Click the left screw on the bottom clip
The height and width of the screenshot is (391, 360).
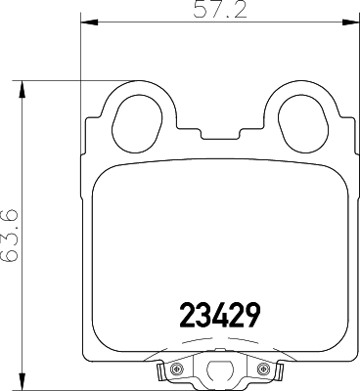(178, 369)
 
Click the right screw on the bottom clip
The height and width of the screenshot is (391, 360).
(262, 369)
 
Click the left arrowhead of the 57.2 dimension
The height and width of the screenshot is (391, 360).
(84, 22)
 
